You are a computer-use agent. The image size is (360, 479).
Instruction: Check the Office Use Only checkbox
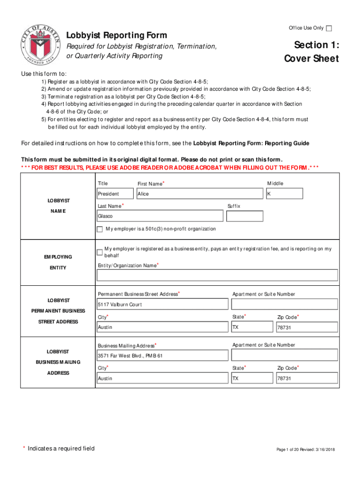[x=329, y=29]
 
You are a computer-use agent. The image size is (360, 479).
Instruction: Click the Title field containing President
[x=115, y=194]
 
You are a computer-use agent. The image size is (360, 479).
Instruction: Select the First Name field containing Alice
[x=199, y=194]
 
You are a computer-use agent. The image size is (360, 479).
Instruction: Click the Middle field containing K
[x=284, y=194]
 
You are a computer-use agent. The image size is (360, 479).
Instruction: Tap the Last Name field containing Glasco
[x=159, y=216]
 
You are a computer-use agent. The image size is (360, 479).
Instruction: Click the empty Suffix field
[x=245, y=216]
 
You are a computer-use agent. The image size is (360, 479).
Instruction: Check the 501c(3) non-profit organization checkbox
[x=100, y=229]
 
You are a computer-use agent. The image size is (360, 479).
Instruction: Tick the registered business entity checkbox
[x=100, y=252]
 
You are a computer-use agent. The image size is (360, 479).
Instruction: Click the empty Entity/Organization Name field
[x=217, y=275]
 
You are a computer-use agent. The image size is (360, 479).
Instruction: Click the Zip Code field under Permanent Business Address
[x=306, y=327]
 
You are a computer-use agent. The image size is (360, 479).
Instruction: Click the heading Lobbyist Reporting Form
[x=116, y=36]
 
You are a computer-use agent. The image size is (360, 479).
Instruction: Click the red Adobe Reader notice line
[x=170, y=167]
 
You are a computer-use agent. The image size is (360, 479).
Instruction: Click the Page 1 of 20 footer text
[x=305, y=450]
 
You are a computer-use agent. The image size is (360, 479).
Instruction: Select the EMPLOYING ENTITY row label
[x=58, y=262]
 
